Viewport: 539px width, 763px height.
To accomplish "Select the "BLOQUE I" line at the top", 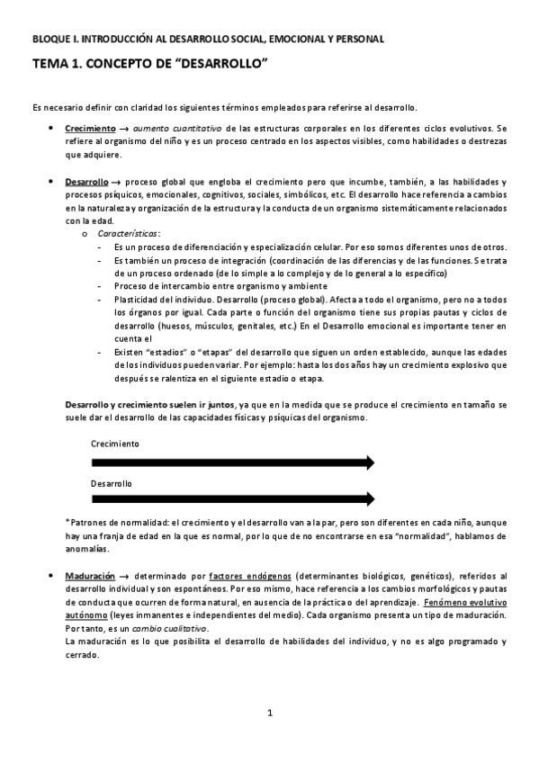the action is (x=208, y=39).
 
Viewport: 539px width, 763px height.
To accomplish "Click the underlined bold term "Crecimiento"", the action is (x=90, y=129).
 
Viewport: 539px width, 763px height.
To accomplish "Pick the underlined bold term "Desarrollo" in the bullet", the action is (x=87, y=182).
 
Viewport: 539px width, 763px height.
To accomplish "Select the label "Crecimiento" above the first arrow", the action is (x=115, y=444).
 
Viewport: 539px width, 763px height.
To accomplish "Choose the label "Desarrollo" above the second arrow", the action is (x=112, y=483).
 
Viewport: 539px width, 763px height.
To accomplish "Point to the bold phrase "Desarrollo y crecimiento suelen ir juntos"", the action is (x=147, y=406).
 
